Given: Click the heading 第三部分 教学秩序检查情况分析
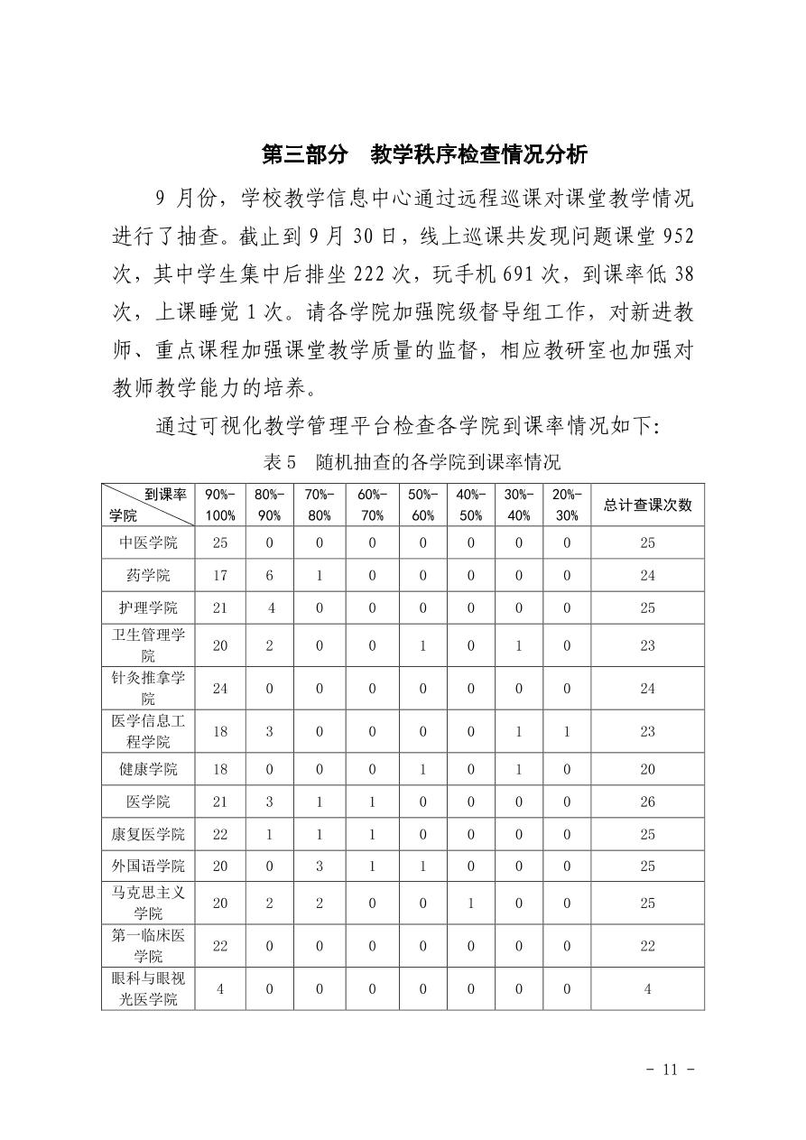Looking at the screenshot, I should click(x=424, y=154).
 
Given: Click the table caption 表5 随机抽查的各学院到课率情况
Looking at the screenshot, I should click(x=412, y=462).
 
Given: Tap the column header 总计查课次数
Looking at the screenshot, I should click(x=647, y=505).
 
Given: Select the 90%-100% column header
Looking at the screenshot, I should click(x=219, y=505).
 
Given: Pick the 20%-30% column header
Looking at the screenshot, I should click(x=567, y=505).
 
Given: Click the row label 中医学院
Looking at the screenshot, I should click(x=148, y=542).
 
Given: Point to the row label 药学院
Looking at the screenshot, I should click(x=148, y=575).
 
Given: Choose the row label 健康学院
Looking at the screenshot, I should click(x=148, y=769).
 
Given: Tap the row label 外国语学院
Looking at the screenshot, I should click(x=148, y=866).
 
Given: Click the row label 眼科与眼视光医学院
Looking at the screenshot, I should click(x=148, y=988).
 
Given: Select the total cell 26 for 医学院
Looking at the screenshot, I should click(x=647, y=802).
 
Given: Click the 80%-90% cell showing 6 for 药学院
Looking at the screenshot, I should click(x=269, y=575).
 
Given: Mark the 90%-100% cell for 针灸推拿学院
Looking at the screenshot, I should click(x=219, y=689).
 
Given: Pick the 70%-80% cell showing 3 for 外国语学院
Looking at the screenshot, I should click(x=319, y=866).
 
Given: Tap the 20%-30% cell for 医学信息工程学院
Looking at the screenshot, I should click(x=567, y=732).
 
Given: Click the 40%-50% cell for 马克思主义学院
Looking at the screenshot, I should click(x=469, y=904).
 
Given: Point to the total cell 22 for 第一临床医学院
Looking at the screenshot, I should click(x=647, y=946).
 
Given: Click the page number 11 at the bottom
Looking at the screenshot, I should click(x=669, y=1070).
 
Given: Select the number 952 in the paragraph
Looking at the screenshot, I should click(x=678, y=237).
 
